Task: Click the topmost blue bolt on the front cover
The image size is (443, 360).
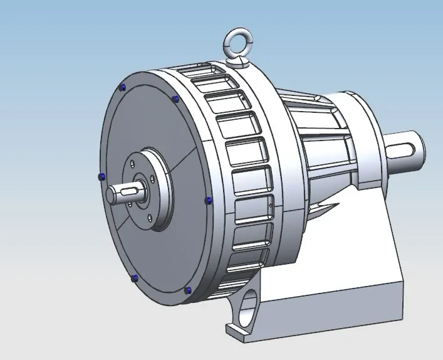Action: (123, 87)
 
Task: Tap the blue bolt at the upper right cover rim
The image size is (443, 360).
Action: (175, 98)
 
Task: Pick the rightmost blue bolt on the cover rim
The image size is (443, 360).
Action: (209, 200)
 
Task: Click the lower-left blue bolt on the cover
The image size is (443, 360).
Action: (134, 277)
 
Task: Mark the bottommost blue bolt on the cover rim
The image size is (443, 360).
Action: (188, 290)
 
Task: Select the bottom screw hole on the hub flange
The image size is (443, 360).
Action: (150, 219)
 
